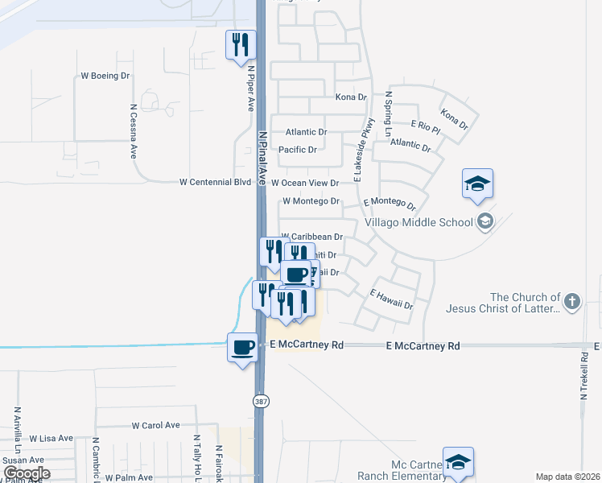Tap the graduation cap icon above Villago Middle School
[x=477, y=184]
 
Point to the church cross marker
[x=571, y=302]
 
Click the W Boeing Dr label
[x=105, y=76]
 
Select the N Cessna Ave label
[x=134, y=130]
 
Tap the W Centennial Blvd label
[x=216, y=183]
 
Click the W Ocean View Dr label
[x=305, y=184]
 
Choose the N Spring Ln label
[x=387, y=114]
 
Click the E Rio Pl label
[x=426, y=126]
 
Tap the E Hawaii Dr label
[x=391, y=299]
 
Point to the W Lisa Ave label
[x=52, y=439]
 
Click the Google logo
[x=26, y=473]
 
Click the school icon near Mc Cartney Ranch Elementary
[x=458, y=462]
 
